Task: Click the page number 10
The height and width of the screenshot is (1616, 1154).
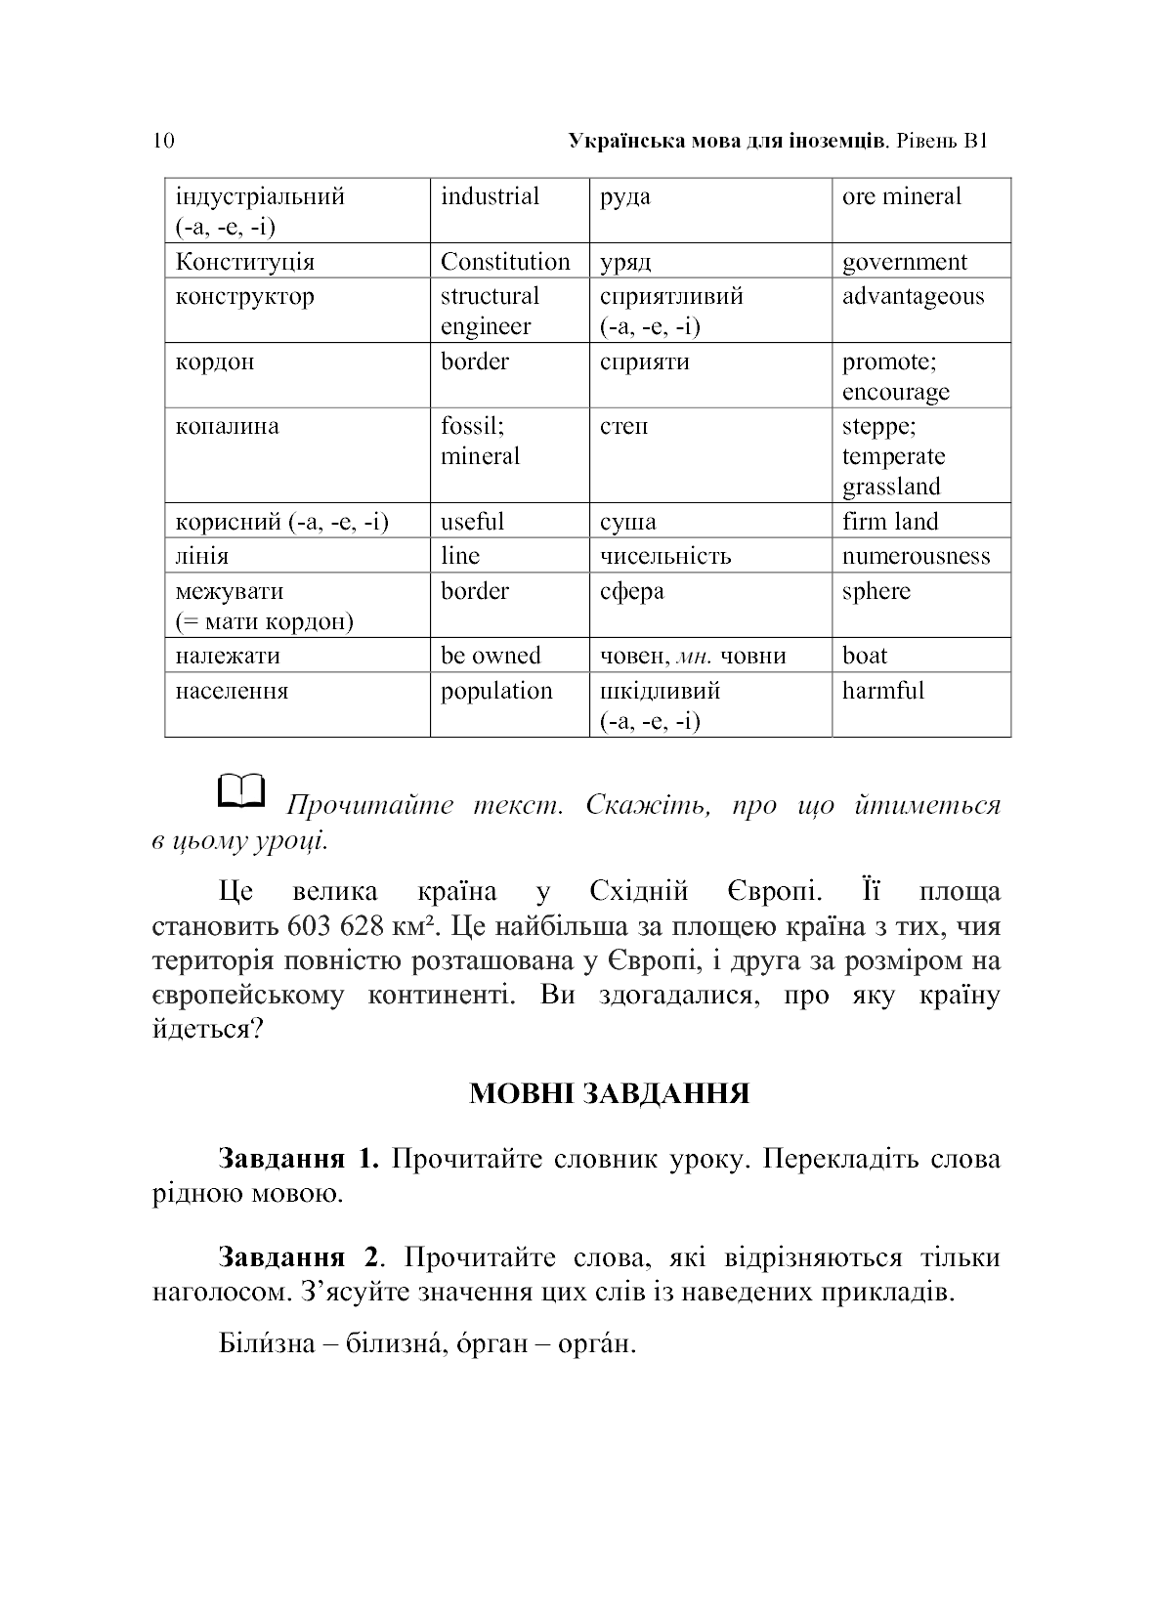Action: pos(163,141)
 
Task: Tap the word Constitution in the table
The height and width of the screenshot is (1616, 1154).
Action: pos(504,262)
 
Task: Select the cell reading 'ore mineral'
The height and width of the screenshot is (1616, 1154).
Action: pos(901,196)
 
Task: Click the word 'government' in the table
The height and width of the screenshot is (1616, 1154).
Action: pos(904,262)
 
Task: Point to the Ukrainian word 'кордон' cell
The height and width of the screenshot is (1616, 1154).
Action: pos(215,361)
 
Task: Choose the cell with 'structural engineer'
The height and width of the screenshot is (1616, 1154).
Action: pos(490,311)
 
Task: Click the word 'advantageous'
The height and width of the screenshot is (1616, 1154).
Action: pos(913,296)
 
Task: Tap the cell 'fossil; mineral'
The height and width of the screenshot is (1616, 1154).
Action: pos(480,442)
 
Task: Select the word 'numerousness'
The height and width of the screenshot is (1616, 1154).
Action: pos(916,556)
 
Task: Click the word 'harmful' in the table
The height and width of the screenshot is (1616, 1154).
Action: pos(882,691)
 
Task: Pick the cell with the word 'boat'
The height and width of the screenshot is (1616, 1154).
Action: pos(865,656)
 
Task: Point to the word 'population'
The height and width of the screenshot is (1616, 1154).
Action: pos(496,691)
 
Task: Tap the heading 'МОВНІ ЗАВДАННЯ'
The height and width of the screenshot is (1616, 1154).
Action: pos(609,1093)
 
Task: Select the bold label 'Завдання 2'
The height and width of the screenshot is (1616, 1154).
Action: pos(297,1257)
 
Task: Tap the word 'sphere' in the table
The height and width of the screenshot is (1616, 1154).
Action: pos(876,591)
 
